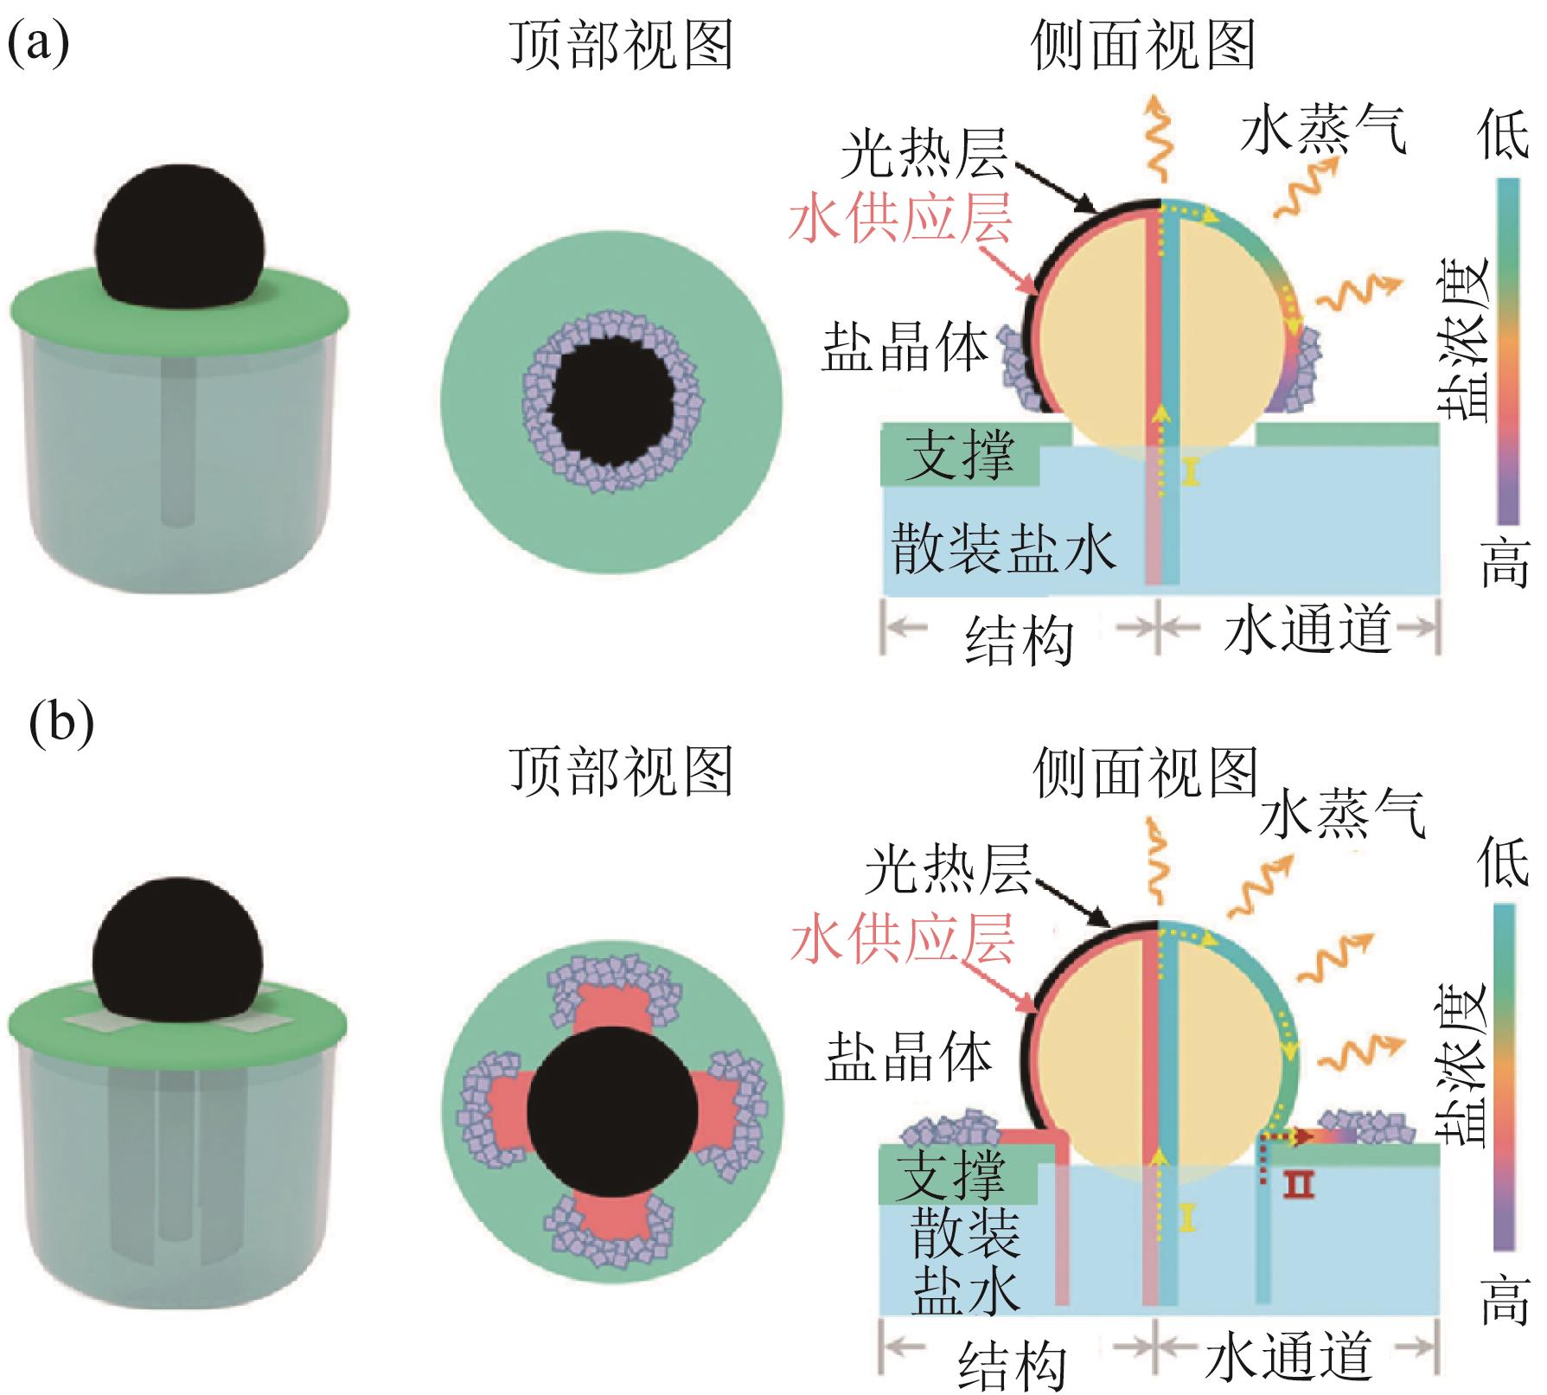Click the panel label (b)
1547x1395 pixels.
(61, 725)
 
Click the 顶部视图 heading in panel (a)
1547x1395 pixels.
(622, 45)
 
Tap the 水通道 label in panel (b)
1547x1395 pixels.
(1288, 1355)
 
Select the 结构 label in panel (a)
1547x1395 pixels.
(1019, 640)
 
